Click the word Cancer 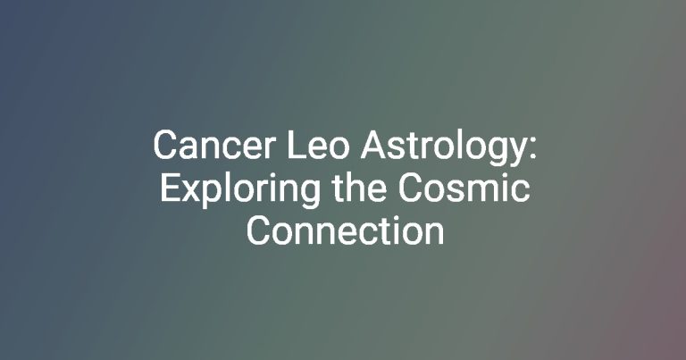coord(214,146)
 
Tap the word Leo coord(318,146)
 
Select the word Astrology coord(442,149)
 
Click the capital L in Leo coord(297,146)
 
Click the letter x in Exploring coord(189,191)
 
